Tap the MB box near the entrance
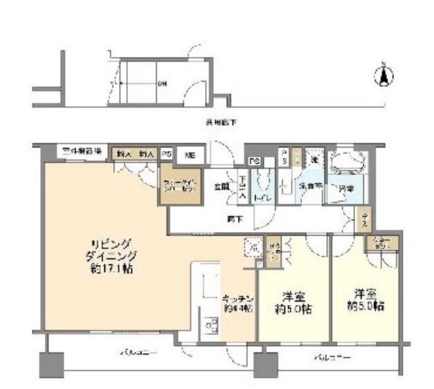click(x=189, y=155)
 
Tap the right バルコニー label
click(x=333, y=358)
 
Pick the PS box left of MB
click(x=167, y=155)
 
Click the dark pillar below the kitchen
click(x=266, y=363)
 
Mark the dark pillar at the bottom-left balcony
click(x=50, y=363)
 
